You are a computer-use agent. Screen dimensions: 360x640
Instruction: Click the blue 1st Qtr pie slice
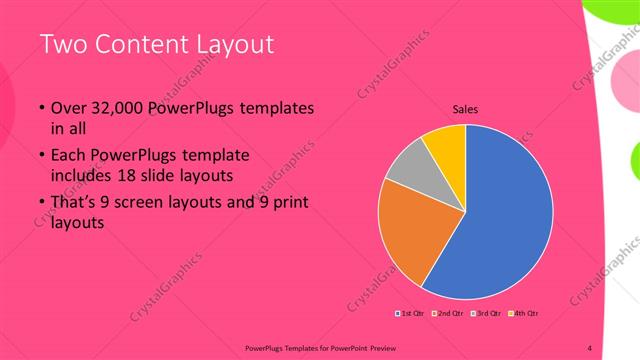[510, 215]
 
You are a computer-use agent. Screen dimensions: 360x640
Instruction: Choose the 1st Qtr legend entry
[411, 313]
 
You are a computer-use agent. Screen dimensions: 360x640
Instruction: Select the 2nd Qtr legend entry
[447, 313]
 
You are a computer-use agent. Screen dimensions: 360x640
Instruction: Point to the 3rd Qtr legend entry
[485, 313]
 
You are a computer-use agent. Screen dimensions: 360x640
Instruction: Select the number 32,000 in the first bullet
[112, 108]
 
